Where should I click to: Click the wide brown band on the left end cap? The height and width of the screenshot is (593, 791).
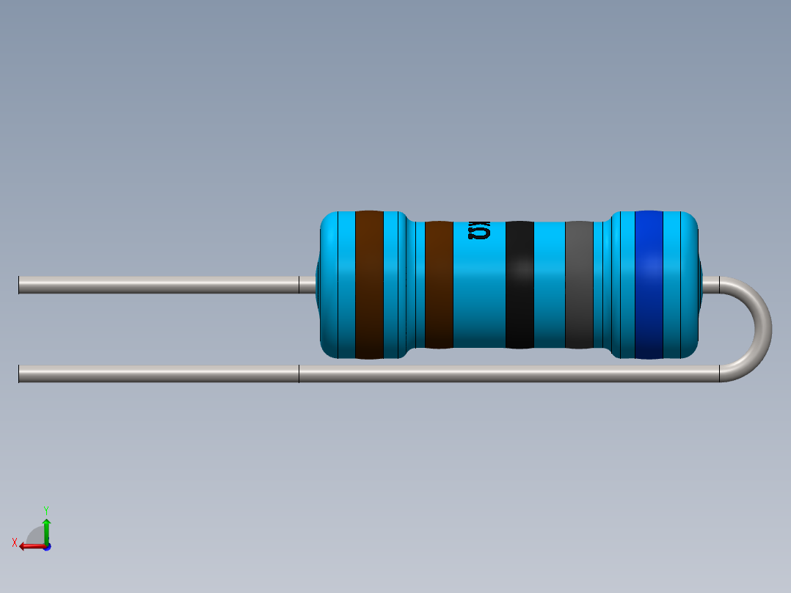click(x=369, y=285)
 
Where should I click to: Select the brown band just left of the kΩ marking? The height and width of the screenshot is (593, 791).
click(x=439, y=285)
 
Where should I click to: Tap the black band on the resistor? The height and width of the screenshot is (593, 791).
click(x=520, y=285)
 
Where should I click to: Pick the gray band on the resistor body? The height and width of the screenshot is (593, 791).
click(x=579, y=285)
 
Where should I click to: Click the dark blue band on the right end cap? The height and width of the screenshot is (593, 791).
click(x=649, y=285)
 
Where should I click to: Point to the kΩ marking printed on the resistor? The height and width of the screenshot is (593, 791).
click(x=479, y=232)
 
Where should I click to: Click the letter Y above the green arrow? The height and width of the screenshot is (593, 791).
click(x=45, y=509)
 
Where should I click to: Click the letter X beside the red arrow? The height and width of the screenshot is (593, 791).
click(x=15, y=542)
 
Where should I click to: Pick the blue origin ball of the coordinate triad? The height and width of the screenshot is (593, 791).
click(x=46, y=547)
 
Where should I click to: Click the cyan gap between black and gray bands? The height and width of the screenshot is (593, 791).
click(x=549, y=285)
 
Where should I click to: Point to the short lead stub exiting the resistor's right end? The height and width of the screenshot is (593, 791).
click(x=710, y=285)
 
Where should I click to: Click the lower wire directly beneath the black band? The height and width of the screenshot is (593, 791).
click(x=520, y=374)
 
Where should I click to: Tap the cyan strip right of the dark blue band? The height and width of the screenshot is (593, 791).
click(x=679, y=285)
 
